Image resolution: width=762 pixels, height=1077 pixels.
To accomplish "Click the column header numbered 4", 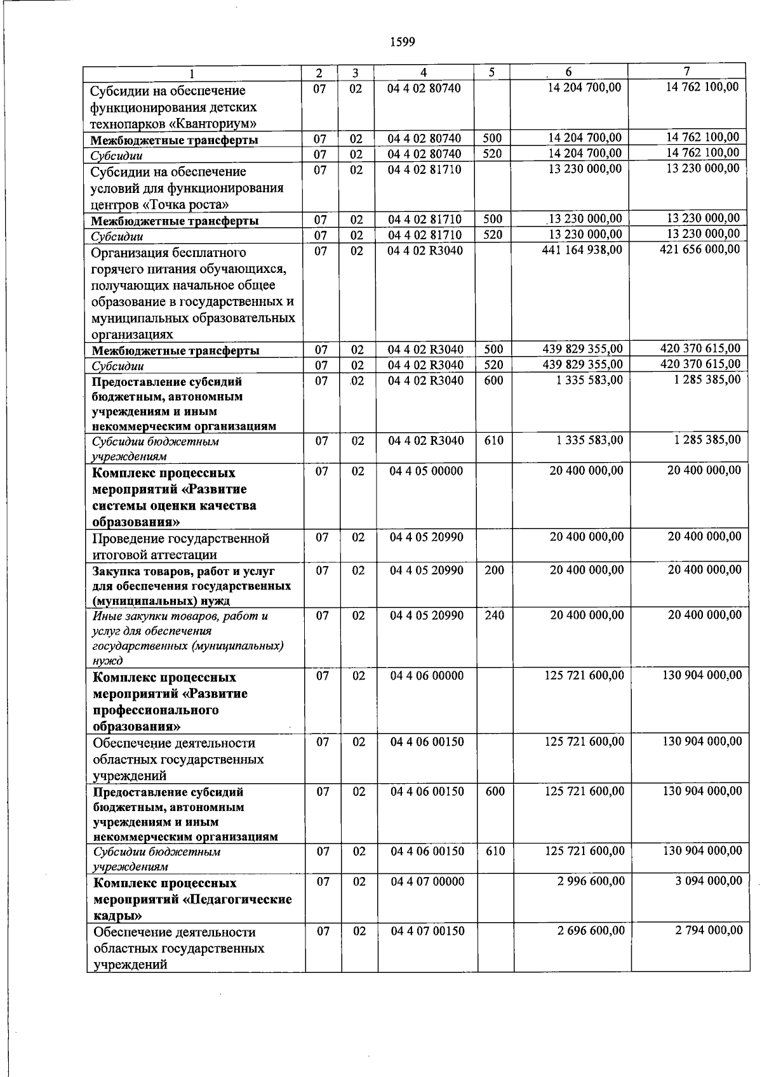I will click(x=423, y=72).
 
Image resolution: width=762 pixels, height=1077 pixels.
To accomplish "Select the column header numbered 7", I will click(x=686, y=71).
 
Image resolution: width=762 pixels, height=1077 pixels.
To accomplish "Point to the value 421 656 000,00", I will click(x=700, y=249).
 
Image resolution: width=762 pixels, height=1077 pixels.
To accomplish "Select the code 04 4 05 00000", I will click(x=426, y=471).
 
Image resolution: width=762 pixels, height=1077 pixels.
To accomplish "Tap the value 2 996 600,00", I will click(x=591, y=881).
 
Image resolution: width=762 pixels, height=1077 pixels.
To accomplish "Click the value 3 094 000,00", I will click(x=709, y=881).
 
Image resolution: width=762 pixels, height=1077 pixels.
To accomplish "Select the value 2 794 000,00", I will click(x=709, y=930).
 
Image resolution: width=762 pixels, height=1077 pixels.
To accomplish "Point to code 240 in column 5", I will click(x=494, y=615).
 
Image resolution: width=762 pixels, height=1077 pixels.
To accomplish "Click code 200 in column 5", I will click(x=494, y=570).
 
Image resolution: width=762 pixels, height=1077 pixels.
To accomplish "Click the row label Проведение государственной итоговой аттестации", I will click(x=181, y=546).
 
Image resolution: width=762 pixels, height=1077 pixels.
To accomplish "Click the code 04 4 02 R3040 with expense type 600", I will click(x=426, y=381).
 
